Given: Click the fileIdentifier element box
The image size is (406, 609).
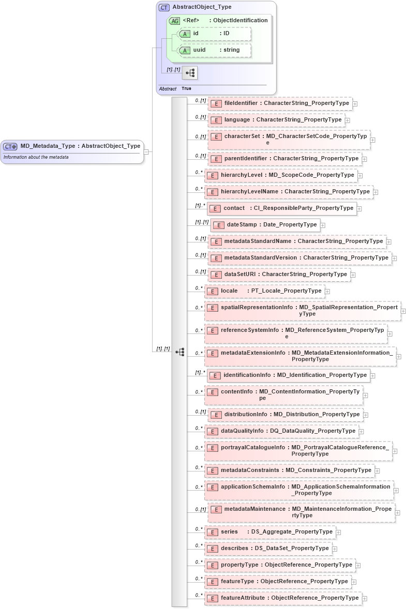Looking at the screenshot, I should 280,103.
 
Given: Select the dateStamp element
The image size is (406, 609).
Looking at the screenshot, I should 265,225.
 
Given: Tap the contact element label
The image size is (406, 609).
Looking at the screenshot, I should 234,208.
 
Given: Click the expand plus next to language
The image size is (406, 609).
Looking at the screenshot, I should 348,120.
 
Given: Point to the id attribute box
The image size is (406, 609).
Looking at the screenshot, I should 215,34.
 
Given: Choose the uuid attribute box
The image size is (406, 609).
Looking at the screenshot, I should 215,50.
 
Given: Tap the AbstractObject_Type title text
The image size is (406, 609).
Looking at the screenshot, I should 202,7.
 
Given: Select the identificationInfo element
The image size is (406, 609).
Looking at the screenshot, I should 289,375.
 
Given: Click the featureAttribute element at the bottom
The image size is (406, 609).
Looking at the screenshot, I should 283,598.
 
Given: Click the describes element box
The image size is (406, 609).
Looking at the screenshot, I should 268,549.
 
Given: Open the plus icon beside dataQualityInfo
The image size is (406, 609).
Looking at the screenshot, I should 362,432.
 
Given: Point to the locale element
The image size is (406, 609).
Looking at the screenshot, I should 265,291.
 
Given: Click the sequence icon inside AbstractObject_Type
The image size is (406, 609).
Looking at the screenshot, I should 190,73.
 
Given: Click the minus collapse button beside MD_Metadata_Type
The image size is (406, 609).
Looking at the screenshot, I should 146,152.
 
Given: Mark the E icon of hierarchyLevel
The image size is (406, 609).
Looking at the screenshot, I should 212,176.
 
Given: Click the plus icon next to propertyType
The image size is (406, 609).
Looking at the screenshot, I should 358,566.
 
